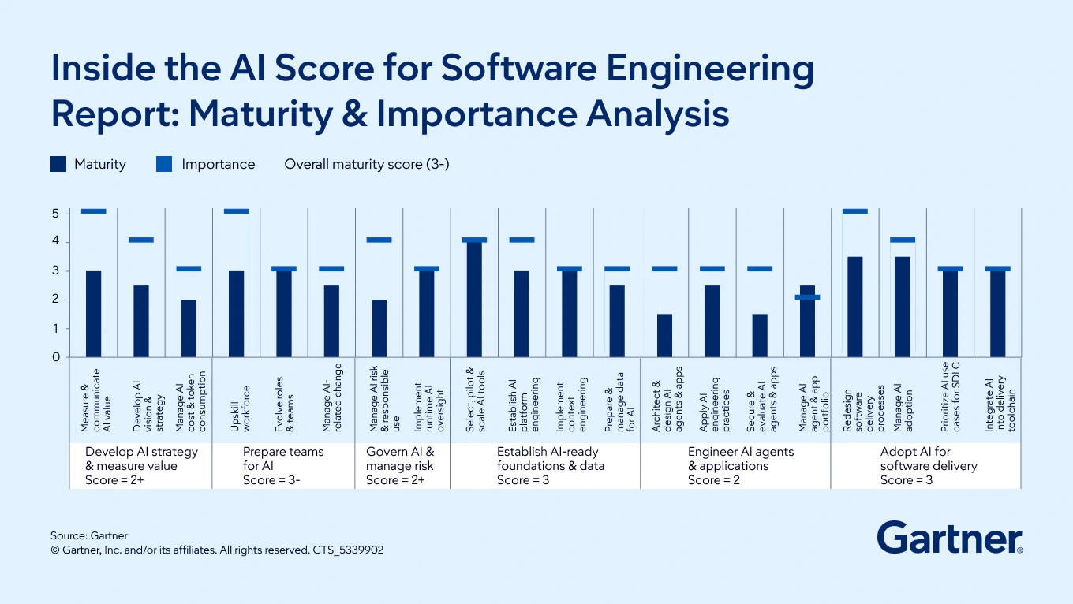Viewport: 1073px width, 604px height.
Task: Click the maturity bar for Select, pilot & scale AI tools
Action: pos(474,300)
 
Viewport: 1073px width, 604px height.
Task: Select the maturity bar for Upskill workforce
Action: pos(236,314)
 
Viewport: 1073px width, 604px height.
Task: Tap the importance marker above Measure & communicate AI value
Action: pos(93,211)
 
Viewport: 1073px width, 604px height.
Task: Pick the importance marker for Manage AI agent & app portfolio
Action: pos(807,297)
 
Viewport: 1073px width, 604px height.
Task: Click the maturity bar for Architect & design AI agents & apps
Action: pos(664,335)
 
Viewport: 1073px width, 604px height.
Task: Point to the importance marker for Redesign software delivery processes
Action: pos(855,211)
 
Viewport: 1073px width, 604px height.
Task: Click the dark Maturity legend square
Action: pos(58,164)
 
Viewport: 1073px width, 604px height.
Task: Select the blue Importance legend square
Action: pos(164,164)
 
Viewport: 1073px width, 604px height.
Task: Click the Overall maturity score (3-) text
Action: pos(367,164)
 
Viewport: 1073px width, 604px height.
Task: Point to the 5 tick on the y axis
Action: pos(55,214)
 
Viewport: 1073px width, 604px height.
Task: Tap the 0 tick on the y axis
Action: pos(55,357)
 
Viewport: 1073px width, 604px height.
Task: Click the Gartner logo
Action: pos(950,538)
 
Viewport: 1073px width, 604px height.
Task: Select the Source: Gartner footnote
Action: pos(89,535)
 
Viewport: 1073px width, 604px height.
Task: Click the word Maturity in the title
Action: pos(261,114)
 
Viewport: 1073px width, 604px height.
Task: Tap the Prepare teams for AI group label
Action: pos(283,458)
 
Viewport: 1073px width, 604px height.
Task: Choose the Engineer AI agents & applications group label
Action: pos(741,458)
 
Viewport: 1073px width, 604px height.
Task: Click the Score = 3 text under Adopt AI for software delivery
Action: pos(907,480)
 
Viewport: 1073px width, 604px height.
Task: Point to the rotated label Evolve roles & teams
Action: pos(284,405)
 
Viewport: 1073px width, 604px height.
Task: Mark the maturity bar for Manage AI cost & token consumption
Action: pos(189,328)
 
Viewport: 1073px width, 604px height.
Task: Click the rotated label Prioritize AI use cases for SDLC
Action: pos(951,397)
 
